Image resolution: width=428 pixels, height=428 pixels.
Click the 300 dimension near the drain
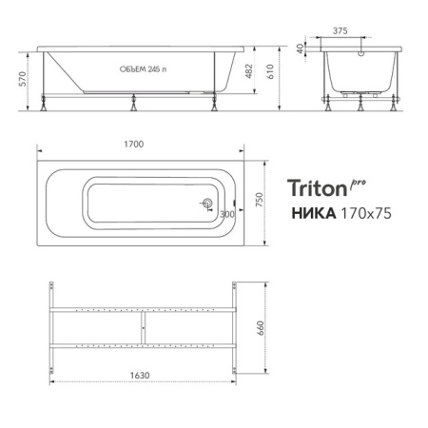226,214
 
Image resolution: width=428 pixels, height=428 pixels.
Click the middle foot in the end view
360,105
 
